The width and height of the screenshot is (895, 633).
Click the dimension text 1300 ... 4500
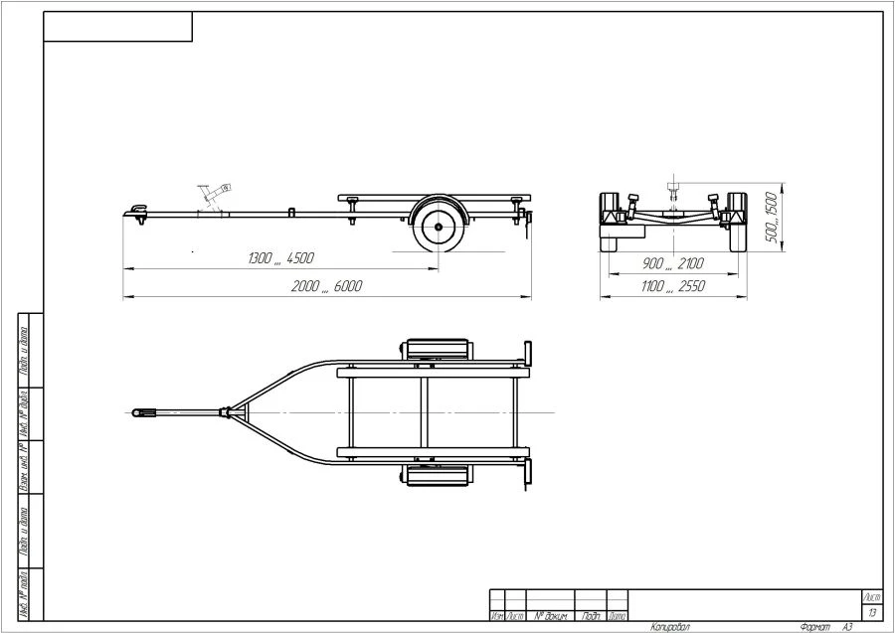click(x=281, y=258)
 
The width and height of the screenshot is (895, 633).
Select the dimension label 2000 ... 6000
click(x=327, y=286)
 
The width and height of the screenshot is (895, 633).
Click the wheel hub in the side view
click(x=437, y=228)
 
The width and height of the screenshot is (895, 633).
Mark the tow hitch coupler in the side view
click(x=136, y=210)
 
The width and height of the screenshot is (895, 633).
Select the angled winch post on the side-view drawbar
click(x=213, y=195)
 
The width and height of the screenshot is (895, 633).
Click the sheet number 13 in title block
click(x=872, y=613)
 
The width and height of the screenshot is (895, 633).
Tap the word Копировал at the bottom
click(x=670, y=627)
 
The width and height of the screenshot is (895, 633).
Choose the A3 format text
click(x=847, y=627)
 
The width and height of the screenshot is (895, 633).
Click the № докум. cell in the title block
click(x=550, y=616)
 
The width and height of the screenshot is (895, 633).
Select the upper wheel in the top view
click(x=437, y=351)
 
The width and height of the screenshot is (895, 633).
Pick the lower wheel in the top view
click(x=437, y=476)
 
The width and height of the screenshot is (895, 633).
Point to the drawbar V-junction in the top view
click(x=228, y=411)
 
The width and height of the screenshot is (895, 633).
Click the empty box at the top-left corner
click(x=117, y=27)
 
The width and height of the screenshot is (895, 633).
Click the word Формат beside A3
click(x=814, y=627)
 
